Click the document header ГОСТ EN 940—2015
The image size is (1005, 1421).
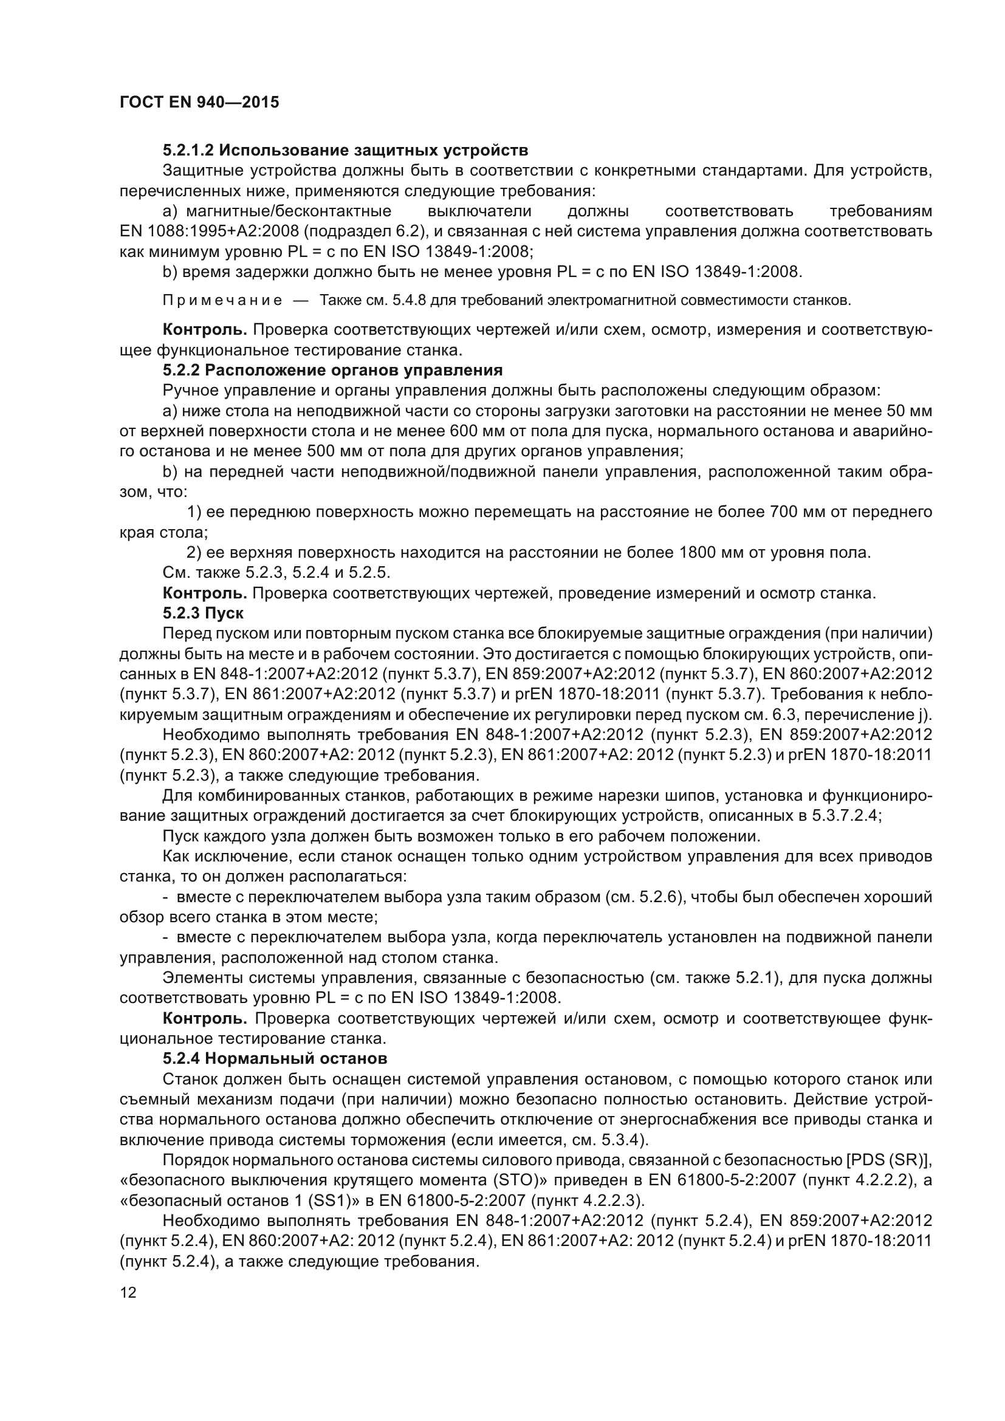[x=199, y=102]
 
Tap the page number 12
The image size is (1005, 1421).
[x=128, y=1292]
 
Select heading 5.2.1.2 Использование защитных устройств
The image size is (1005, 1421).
[x=345, y=151]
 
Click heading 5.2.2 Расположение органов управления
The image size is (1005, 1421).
[x=332, y=370]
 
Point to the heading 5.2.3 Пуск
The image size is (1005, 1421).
[x=203, y=614]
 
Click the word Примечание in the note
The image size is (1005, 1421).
[x=222, y=301]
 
